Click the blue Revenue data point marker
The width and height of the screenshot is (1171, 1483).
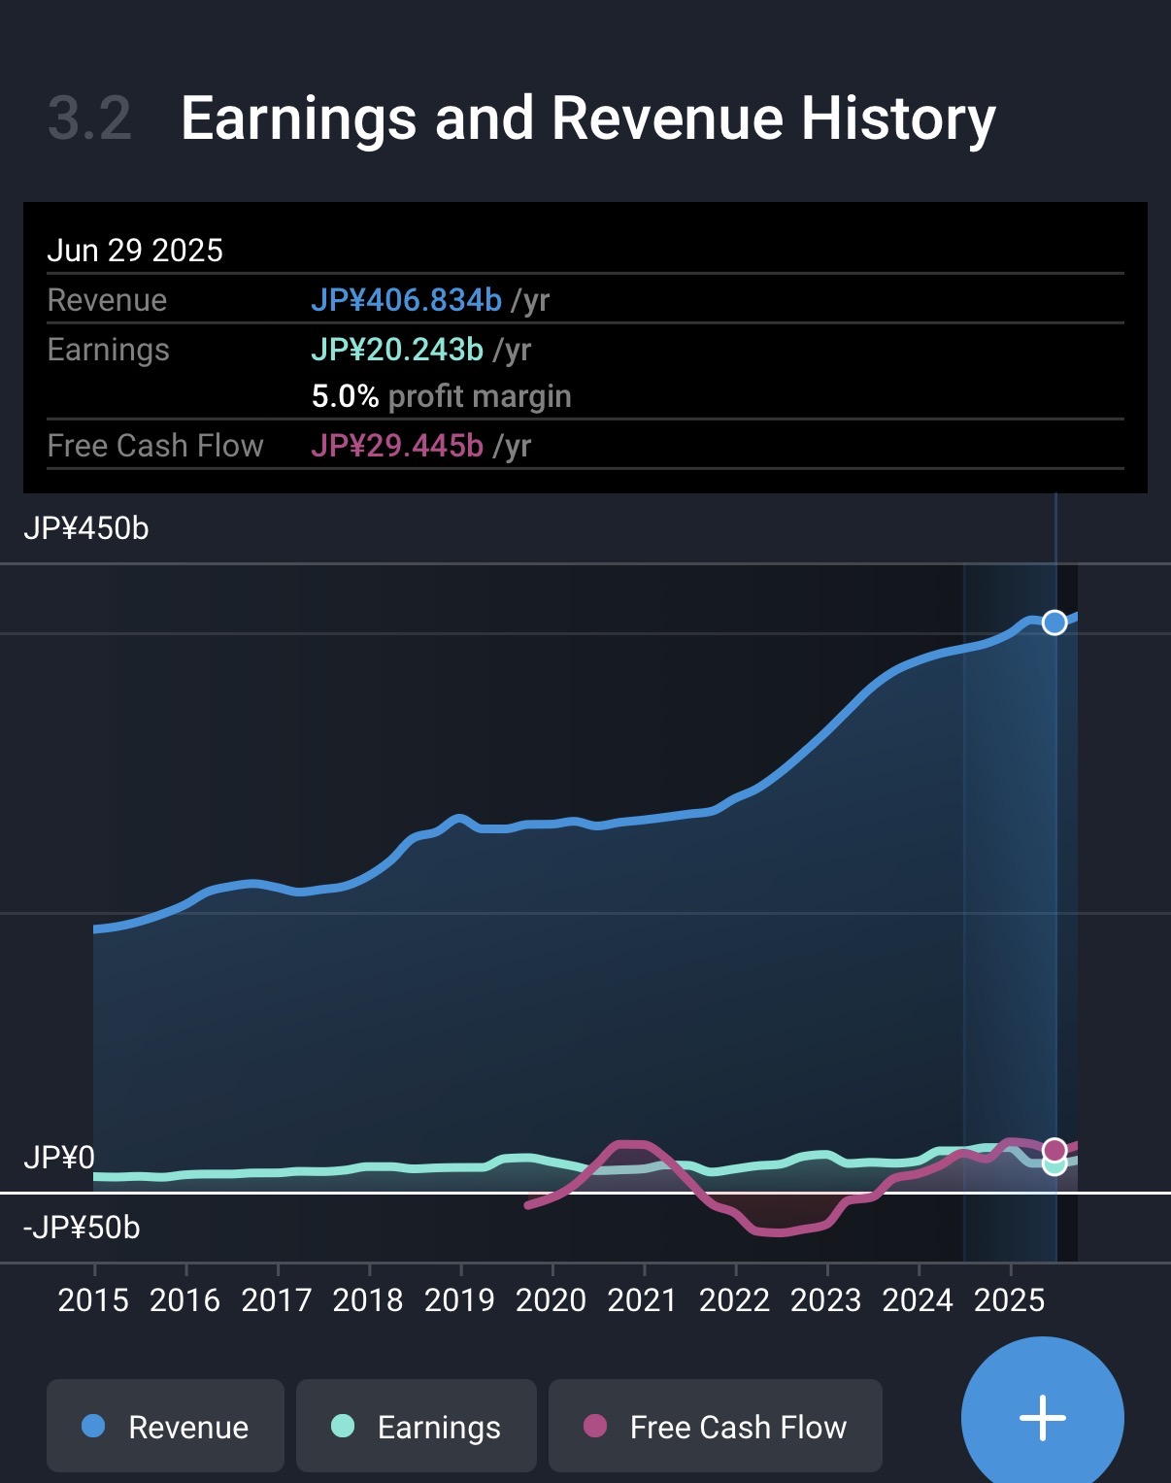[1054, 623]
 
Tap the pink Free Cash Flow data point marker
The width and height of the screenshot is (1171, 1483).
[1054, 1150]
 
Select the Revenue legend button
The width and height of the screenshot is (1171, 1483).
[165, 1426]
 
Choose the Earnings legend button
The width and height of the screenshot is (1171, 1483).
[416, 1426]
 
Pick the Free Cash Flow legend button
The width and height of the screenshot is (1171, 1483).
[715, 1426]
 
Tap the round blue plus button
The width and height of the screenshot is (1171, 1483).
[1042, 1418]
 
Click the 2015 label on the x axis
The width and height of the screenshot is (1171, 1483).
[93, 1300]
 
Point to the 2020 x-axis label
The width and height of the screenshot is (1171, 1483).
[551, 1300]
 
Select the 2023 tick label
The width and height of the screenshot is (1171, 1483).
[825, 1300]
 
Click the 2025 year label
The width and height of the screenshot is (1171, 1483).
[1009, 1300]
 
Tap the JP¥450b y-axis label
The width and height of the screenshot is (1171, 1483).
[86, 528]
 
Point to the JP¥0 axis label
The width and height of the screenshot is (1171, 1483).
[59, 1158]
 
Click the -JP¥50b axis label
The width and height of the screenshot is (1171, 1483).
[82, 1228]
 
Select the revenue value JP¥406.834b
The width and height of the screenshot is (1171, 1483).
[406, 300]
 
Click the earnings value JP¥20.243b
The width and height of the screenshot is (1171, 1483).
[397, 350]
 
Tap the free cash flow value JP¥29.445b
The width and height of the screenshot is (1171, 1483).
[397, 446]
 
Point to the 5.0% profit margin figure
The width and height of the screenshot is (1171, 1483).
[345, 396]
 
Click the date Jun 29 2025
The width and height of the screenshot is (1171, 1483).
[135, 251]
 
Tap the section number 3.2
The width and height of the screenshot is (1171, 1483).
[89, 118]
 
